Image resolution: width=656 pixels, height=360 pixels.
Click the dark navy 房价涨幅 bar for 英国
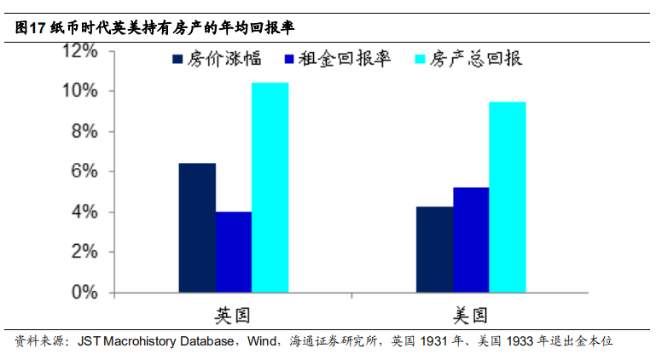point(197,228)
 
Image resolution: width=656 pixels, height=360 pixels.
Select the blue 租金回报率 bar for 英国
point(233,252)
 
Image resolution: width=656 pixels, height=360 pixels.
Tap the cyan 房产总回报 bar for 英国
point(270,188)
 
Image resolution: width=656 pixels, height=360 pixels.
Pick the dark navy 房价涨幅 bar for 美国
point(434,250)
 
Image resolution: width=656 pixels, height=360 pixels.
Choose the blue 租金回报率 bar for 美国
point(471,240)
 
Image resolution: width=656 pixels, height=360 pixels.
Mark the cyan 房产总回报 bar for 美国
point(507,197)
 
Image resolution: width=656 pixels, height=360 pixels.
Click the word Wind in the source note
point(263,342)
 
